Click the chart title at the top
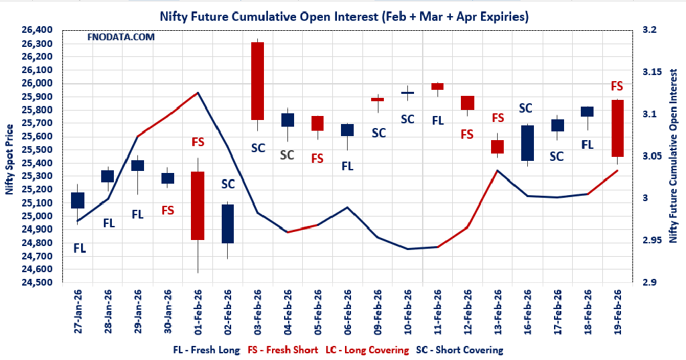click(343, 16)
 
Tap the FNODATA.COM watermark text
click(121, 37)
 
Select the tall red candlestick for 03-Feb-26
click(257, 81)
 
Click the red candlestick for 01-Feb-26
click(198, 205)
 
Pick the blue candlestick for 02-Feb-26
click(228, 223)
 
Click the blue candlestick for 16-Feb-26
click(527, 143)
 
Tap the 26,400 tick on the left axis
click(38, 30)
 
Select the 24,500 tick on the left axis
click(38, 282)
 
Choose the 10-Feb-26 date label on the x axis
click(408, 311)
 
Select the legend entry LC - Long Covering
click(366, 350)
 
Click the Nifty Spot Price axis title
click(9, 158)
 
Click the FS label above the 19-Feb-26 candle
click(617, 86)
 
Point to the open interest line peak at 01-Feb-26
click(198, 93)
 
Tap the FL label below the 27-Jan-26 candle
click(79, 248)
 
